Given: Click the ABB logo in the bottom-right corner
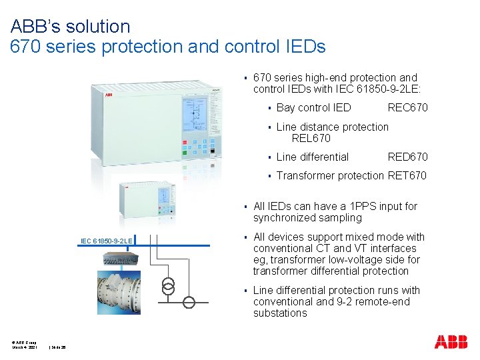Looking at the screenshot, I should point(451,342).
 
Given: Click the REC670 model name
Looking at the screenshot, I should point(407,108).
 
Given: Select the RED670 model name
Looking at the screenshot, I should point(407,157).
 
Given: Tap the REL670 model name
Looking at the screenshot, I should point(311,139).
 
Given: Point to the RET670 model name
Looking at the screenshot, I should point(407,176).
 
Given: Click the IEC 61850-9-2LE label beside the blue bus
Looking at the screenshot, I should point(106,240).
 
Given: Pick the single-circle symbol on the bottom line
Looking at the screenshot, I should point(189,303).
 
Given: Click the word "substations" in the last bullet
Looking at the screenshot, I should point(280,313).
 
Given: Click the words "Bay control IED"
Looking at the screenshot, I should point(313,108).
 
